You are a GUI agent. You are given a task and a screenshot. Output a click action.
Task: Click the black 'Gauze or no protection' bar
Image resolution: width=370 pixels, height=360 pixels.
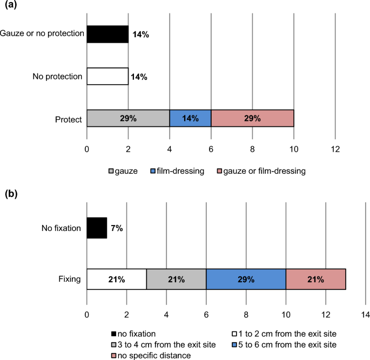107,34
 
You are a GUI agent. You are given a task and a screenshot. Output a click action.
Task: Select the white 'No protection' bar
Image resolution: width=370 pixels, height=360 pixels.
107,77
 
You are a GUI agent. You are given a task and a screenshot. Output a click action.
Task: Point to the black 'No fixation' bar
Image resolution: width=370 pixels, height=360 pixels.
97,228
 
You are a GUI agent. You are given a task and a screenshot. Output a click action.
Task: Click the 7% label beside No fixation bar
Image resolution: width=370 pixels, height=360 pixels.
117,228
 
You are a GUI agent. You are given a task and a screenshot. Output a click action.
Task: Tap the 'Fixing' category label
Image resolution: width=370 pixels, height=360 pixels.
70,279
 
